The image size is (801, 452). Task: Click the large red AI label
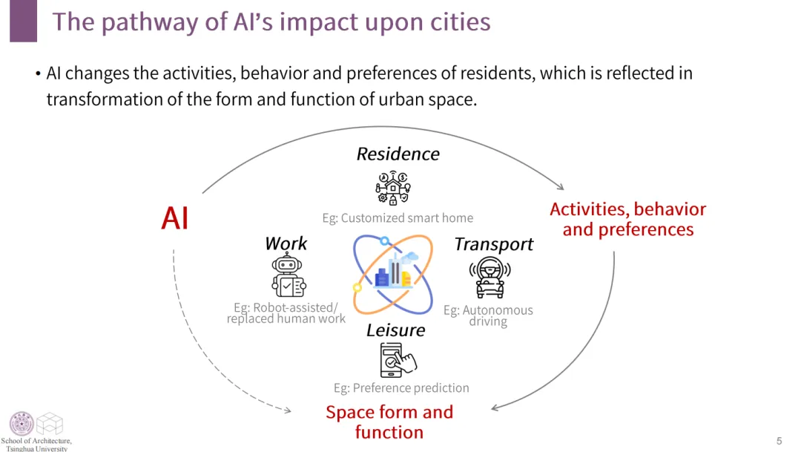point(175,218)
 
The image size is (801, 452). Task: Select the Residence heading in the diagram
point(398,154)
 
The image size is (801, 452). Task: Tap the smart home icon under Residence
point(393,188)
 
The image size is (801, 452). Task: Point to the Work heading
point(286,243)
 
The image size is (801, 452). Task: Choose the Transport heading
point(493,244)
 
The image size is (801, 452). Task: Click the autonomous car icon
point(490,277)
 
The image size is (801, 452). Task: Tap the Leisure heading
point(395,330)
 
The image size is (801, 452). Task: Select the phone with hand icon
point(398,360)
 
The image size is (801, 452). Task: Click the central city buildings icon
point(393,274)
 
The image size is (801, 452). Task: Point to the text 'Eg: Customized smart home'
point(398,218)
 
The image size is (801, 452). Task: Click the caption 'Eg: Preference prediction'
point(401,388)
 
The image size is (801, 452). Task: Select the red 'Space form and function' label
point(389,422)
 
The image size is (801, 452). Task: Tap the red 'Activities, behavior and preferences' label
point(628,219)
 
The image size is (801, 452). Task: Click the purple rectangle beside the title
point(24,21)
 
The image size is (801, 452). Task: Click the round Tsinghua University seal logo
point(22,423)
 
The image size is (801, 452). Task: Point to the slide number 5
point(779,441)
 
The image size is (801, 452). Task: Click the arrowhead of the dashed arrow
point(288,410)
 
